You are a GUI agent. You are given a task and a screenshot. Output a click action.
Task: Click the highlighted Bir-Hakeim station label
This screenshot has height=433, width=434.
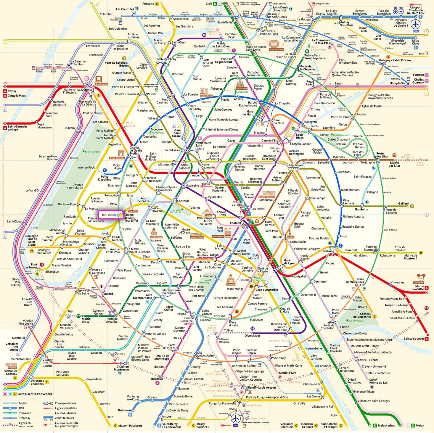(109, 215)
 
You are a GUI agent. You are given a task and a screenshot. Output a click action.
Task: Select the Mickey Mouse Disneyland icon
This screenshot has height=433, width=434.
(420, 277)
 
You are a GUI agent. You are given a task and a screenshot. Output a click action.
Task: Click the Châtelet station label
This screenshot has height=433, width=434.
(235, 223)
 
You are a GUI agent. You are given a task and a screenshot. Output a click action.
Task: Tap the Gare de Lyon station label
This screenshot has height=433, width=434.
(289, 262)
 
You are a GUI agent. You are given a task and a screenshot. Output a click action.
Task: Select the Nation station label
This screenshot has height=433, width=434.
(328, 251)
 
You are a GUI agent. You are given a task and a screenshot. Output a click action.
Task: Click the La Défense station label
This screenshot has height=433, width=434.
(85, 90)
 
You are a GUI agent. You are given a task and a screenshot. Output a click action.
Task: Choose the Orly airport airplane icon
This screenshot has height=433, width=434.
(235, 418)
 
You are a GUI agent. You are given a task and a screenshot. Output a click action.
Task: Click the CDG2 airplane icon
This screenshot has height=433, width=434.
(415, 24)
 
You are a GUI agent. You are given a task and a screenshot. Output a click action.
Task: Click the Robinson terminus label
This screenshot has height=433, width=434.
(124, 410)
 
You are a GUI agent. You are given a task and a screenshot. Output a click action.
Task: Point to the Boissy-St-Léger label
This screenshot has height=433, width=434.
(414, 339)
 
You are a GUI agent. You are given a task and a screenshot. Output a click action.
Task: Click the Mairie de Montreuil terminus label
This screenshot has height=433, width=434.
(410, 257)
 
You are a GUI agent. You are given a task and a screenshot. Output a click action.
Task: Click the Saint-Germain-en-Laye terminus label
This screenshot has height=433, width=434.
(17, 128)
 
